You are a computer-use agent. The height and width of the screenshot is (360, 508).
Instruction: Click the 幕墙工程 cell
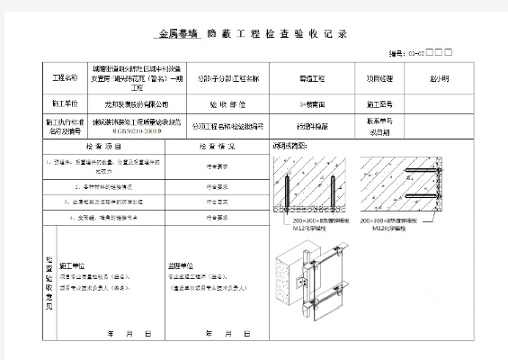point(312,79)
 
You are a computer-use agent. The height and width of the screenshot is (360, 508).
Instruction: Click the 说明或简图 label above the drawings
point(290,144)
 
